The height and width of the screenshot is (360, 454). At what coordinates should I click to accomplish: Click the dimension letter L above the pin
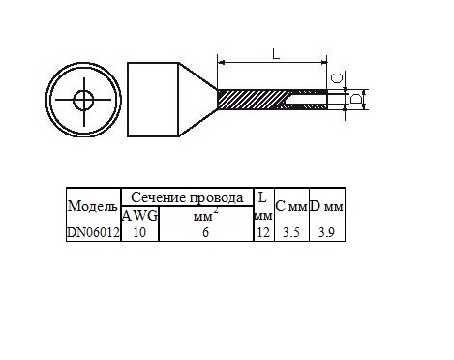coord(276,54)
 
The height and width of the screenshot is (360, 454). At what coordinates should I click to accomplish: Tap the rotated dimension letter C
coord(338,77)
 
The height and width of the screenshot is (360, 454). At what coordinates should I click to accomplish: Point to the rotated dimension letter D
coord(356,99)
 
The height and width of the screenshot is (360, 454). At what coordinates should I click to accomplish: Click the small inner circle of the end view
coord(83,100)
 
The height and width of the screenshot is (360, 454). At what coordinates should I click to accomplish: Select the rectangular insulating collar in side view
coord(153,100)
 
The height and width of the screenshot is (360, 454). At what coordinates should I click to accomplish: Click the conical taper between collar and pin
coord(198,100)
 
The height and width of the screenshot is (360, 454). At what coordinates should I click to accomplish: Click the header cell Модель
coord(93,206)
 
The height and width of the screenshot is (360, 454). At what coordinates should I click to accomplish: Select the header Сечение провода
coord(187,197)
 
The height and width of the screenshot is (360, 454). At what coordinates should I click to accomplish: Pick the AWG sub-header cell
coord(140,216)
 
